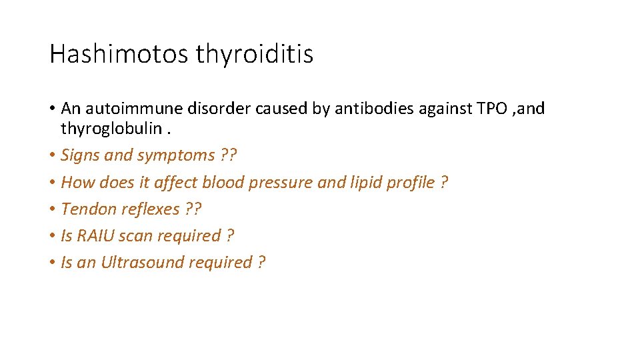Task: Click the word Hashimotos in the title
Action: click(119, 54)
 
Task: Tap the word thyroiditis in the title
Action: click(254, 54)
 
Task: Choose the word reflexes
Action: click(149, 209)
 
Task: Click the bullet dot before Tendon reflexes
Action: click(52, 209)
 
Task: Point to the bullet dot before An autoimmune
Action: click(52, 109)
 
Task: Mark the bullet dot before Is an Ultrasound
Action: click(52, 263)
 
